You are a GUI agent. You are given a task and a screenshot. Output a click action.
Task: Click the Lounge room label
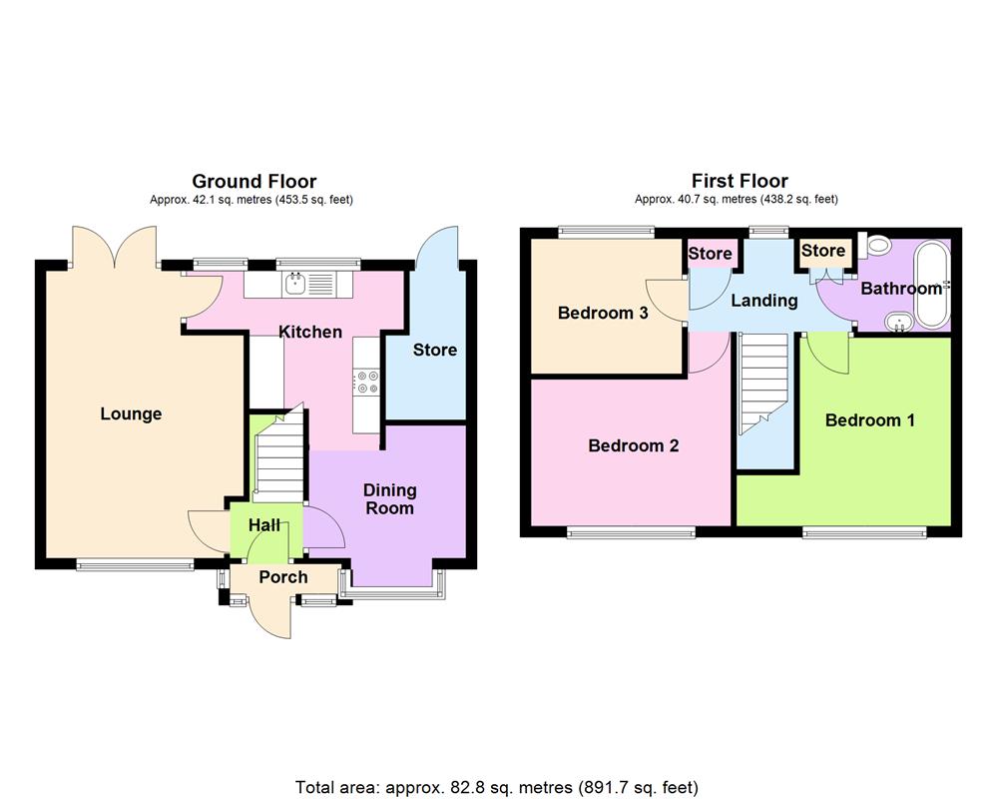pyautogui.click(x=131, y=414)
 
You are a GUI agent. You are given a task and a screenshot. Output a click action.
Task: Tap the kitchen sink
pyautogui.click(x=295, y=284)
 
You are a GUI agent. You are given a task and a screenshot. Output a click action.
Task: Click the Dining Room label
pyautogui.click(x=389, y=499)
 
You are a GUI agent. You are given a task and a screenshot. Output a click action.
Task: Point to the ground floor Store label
pyautogui.click(x=435, y=350)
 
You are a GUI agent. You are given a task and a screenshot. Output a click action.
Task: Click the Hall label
pyautogui.click(x=264, y=525)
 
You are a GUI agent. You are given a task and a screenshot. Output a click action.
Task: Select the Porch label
pyautogui.click(x=283, y=577)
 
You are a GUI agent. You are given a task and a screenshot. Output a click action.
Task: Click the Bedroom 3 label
pyautogui.click(x=603, y=314)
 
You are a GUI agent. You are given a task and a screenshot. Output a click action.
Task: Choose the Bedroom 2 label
pyautogui.click(x=633, y=445)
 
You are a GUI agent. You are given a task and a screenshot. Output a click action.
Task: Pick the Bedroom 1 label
pyautogui.click(x=869, y=420)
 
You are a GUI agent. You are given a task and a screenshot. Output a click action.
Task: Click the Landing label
pyautogui.click(x=764, y=300)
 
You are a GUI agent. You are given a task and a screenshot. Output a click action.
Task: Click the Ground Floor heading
pyautogui.click(x=253, y=181)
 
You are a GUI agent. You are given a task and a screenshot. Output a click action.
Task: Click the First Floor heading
pyautogui.click(x=740, y=181)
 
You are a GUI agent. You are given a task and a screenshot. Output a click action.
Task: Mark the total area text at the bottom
pyautogui.click(x=497, y=787)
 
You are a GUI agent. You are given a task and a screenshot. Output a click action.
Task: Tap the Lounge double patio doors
pyautogui.click(x=114, y=245)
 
